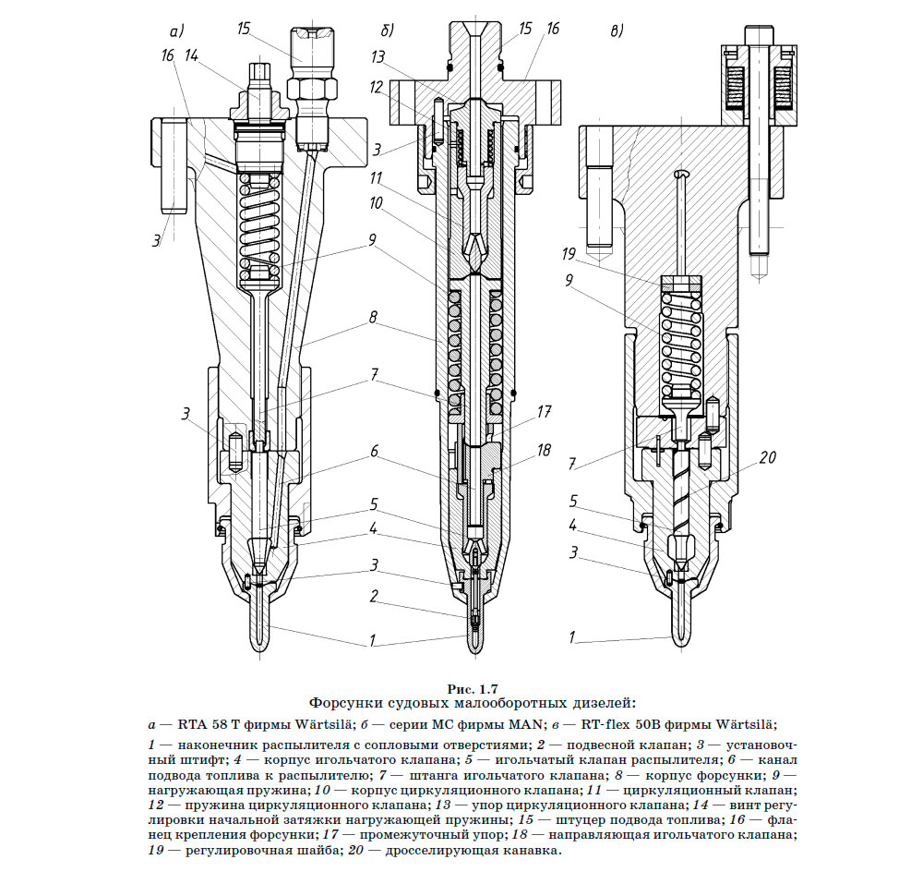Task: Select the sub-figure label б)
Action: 387,30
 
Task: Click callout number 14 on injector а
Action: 192,56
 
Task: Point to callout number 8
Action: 372,317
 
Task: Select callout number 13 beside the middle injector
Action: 378,56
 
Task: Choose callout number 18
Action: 545,450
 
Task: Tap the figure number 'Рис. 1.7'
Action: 473,688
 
